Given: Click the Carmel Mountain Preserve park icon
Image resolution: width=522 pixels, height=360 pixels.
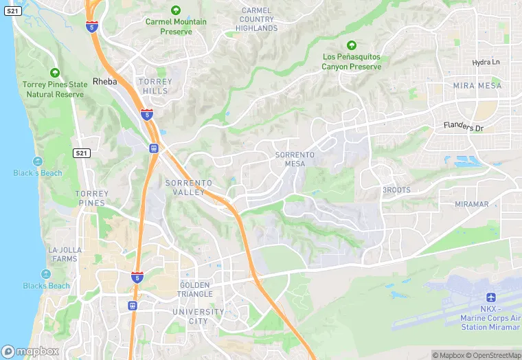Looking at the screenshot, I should pyautogui.click(x=176, y=10).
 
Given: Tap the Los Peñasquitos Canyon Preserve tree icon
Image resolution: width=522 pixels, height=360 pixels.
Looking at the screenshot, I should pyautogui.click(x=352, y=45).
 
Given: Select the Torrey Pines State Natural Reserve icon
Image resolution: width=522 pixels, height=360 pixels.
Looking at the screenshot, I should pyautogui.click(x=55, y=73).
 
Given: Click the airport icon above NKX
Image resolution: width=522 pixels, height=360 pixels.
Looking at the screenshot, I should pyautogui.click(x=490, y=297).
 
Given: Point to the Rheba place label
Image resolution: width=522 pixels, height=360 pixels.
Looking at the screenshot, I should pyautogui.click(x=105, y=81).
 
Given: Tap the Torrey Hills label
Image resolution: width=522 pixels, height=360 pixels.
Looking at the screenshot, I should pyautogui.click(x=155, y=86).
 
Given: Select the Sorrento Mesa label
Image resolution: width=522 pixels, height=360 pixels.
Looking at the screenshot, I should pyautogui.click(x=295, y=159).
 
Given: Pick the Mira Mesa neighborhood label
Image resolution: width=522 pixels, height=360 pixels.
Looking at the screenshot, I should pyautogui.click(x=477, y=86).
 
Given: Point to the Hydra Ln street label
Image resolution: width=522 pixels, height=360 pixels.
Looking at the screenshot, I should pyautogui.click(x=487, y=63).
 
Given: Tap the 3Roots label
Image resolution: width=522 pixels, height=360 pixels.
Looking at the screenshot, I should pyautogui.click(x=396, y=190).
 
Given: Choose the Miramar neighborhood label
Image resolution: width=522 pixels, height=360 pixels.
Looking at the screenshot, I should pyautogui.click(x=472, y=205).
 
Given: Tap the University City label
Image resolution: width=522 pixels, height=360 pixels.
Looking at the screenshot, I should pyautogui.click(x=198, y=317).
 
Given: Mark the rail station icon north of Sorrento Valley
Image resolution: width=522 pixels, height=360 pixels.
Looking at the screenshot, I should pyautogui.click(x=153, y=148).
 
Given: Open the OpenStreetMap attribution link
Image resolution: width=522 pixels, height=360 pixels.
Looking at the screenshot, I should pyautogui.click(x=493, y=355).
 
